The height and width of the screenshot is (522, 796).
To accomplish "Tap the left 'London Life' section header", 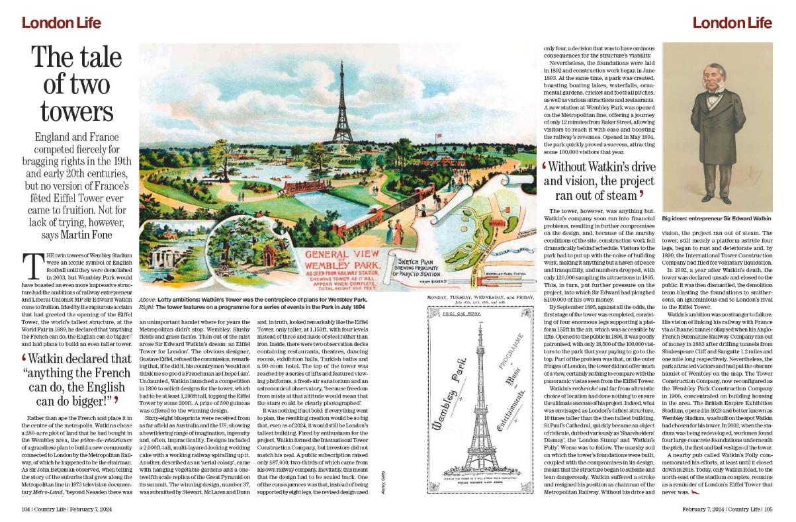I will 61,23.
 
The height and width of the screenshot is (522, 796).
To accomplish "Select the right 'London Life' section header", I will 732,23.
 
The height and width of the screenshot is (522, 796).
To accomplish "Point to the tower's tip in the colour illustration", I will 342,63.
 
